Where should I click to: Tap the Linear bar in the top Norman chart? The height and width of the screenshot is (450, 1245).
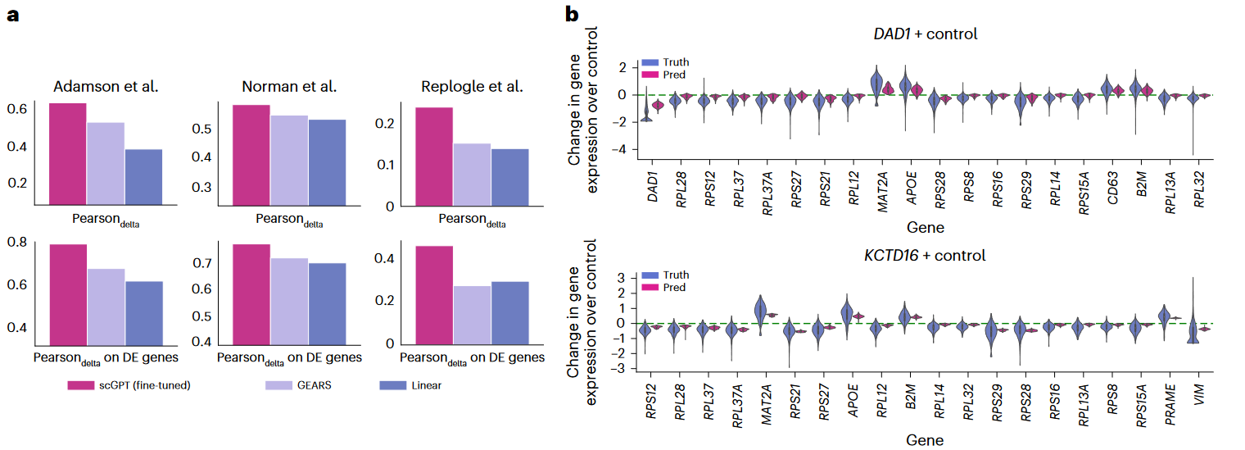coord(327,162)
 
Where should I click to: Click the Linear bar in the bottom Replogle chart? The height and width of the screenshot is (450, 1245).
coord(509,312)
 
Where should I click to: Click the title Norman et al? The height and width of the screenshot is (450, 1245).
coord(289,87)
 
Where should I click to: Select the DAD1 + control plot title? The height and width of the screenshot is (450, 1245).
coord(925,34)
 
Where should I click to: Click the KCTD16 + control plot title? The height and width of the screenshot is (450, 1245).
coord(925,255)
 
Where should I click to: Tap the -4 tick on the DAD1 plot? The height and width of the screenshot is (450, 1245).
coord(622,149)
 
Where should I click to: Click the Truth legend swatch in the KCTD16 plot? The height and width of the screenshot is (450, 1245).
coord(650,275)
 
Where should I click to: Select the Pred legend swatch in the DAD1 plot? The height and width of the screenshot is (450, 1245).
coord(650,74)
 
